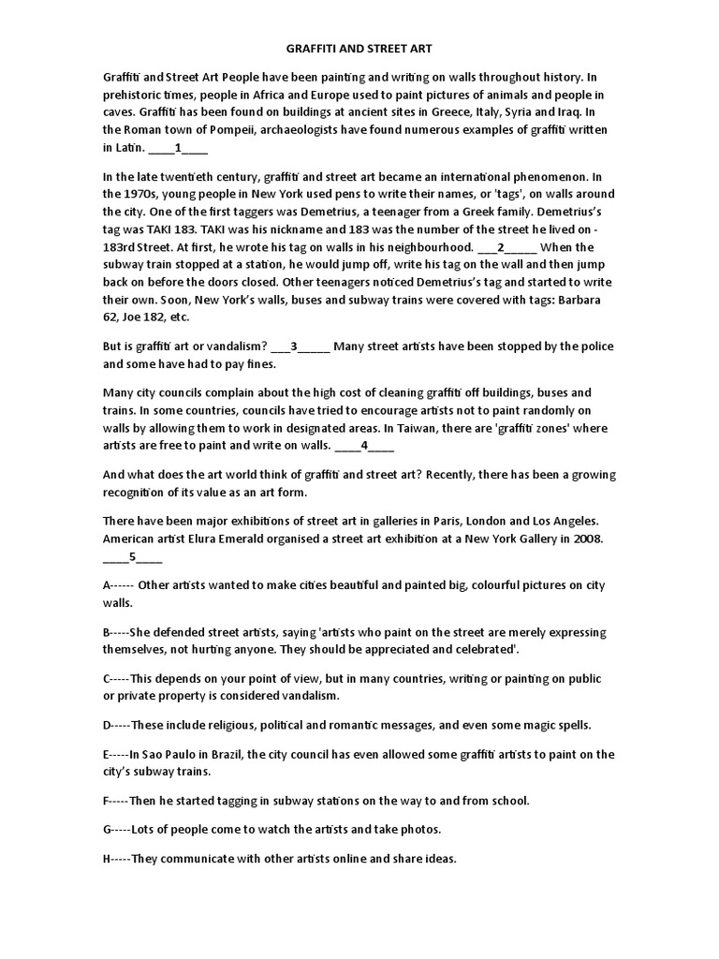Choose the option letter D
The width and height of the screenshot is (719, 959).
coord(108,725)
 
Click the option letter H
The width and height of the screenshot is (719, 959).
coord(108,860)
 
